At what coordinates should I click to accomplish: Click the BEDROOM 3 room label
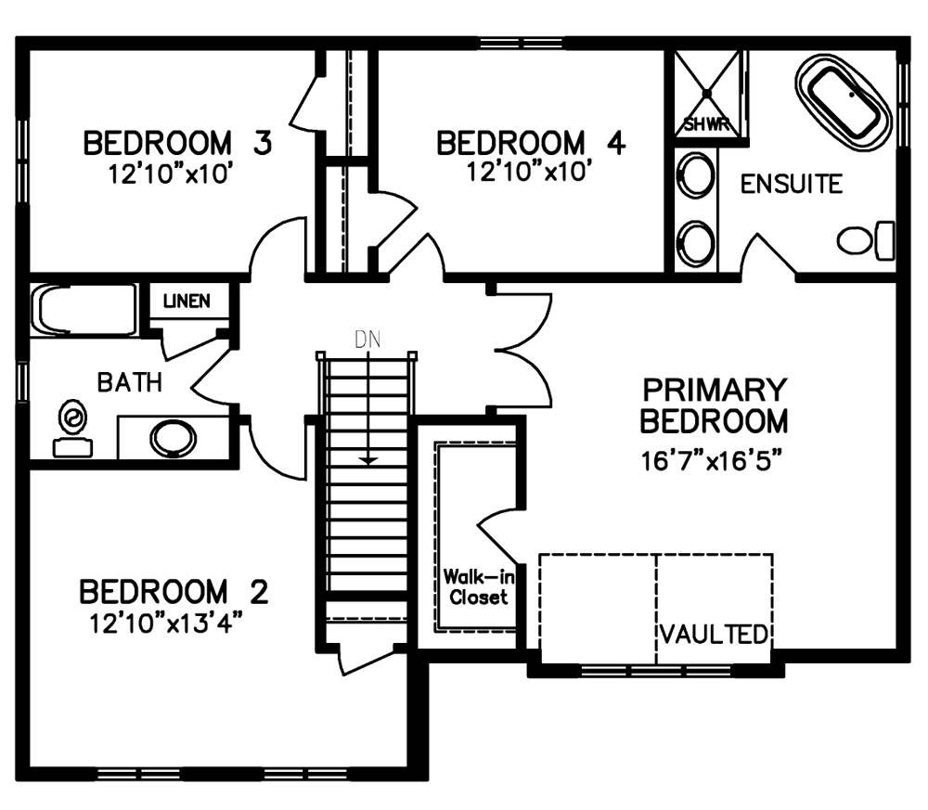point(177,143)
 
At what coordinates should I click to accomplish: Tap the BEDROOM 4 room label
point(531,143)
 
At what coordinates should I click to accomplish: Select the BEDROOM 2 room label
point(174,592)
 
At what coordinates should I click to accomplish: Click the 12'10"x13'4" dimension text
point(167,624)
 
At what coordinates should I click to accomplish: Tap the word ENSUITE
point(792,184)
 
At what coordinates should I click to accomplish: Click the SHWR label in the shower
point(706,125)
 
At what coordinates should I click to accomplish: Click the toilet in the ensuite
point(865,240)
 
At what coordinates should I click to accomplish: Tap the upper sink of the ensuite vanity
point(695,175)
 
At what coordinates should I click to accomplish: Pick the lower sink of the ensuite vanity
point(695,242)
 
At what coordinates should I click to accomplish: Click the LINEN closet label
point(187,302)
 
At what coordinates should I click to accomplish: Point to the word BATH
point(130,382)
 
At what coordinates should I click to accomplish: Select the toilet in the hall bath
point(72,429)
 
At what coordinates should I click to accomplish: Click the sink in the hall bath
point(173,439)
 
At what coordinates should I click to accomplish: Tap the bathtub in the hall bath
point(84,310)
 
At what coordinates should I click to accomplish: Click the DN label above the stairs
point(367,340)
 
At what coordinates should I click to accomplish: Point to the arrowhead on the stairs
point(368,460)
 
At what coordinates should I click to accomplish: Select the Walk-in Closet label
point(478,587)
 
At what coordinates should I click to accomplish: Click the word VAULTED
point(715,635)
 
